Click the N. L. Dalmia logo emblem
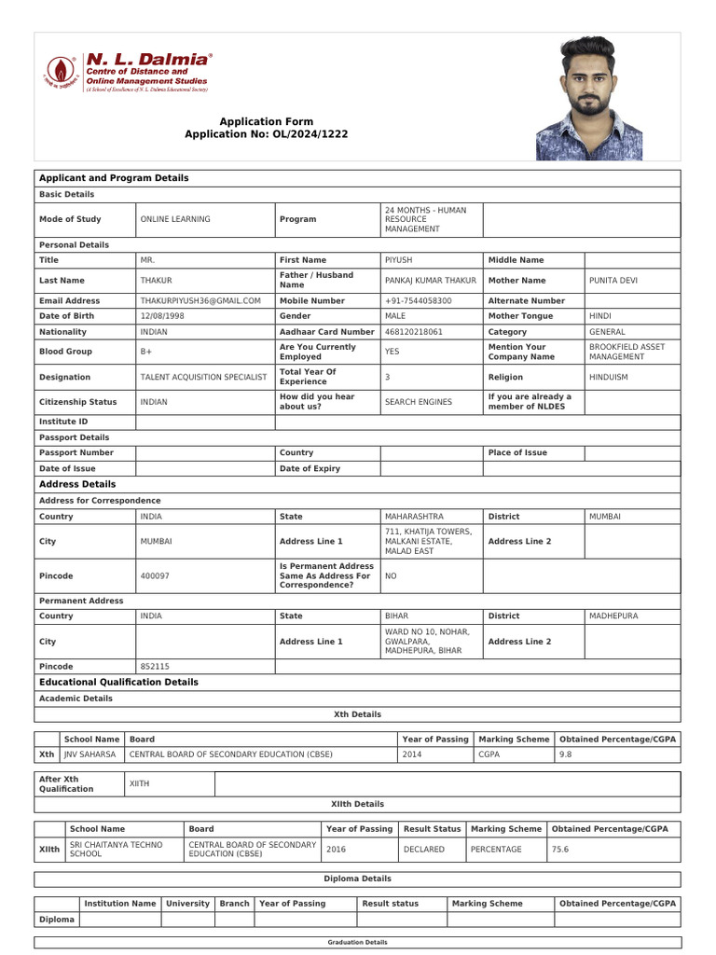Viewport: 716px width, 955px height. tap(62, 73)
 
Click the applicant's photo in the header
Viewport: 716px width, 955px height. tap(589, 98)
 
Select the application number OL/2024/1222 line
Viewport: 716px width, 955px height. tap(266, 134)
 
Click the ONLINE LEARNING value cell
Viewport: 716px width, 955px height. tap(175, 219)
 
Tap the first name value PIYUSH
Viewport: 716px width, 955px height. tap(398, 260)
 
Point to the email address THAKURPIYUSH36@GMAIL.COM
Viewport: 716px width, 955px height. tap(200, 301)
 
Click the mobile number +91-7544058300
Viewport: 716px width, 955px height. tap(418, 301)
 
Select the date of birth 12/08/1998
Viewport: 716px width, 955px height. tap(162, 316)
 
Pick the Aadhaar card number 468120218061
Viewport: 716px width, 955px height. tap(414, 332)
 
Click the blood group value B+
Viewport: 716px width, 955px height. tap(146, 353)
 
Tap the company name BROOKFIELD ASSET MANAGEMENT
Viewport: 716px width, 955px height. tap(626, 352)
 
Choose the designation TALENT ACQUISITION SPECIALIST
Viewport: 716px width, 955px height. tap(203, 378)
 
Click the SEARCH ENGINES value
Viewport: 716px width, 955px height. tap(418, 402)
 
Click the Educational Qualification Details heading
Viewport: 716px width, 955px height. tap(118, 683)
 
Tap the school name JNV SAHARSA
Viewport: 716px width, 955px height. tap(90, 754)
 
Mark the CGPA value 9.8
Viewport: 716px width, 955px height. tap(566, 754)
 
